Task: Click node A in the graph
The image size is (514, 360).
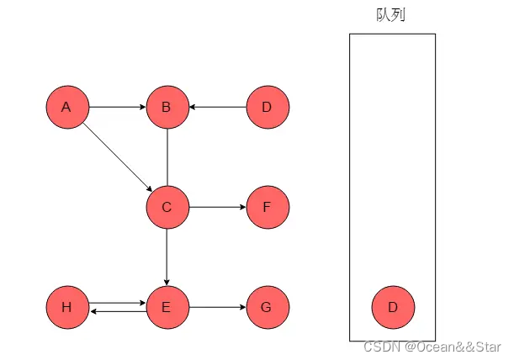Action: tap(67, 108)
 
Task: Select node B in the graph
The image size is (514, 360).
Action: tap(167, 108)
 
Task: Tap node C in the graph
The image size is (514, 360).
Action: tap(167, 207)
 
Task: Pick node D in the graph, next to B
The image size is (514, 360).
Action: tap(268, 108)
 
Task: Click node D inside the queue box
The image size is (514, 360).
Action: tap(393, 307)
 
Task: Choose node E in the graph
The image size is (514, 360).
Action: tap(167, 307)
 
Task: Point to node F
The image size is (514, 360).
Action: tap(268, 207)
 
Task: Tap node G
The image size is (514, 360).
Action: tap(268, 307)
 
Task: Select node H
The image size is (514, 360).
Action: tap(67, 307)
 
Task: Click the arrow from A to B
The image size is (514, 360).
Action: tap(117, 108)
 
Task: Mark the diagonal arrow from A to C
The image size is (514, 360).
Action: tap(117, 157)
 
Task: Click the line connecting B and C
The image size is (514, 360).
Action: tap(167, 157)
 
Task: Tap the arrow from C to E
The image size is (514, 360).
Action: tap(167, 257)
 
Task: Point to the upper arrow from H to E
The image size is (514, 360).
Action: tap(117, 303)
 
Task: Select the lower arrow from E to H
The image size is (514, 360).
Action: tap(117, 312)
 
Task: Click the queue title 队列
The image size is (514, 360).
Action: tap(392, 14)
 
